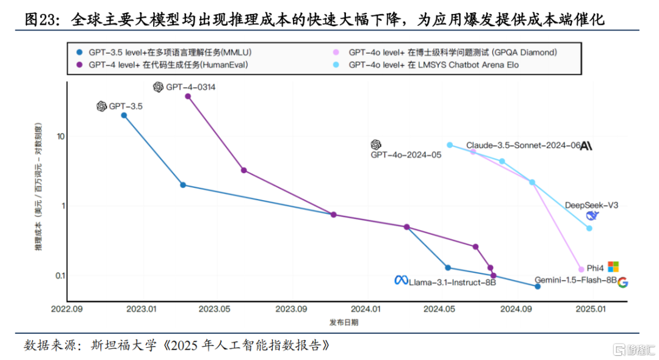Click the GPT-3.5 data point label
tap(126, 107)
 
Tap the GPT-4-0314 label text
tap(191, 87)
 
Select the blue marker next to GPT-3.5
tap(124, 115)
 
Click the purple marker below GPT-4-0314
tap(188, 96)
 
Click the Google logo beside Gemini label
tap(622, 282)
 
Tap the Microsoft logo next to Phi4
tap(613, 267)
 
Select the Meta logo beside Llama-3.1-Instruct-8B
tap(401, 280)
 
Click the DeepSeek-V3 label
tap(591, 205)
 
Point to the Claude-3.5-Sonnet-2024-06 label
tap(523, 146)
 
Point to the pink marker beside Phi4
tap(581, 269)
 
